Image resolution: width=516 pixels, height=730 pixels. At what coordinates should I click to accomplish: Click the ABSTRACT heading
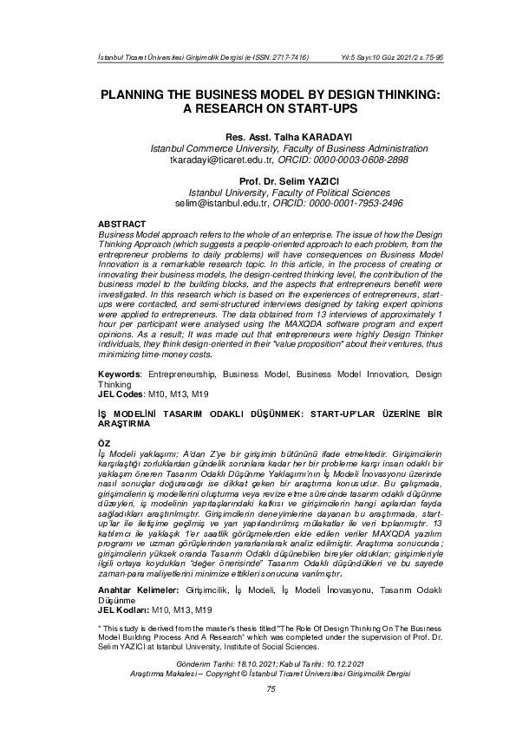(x=121, y=223)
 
